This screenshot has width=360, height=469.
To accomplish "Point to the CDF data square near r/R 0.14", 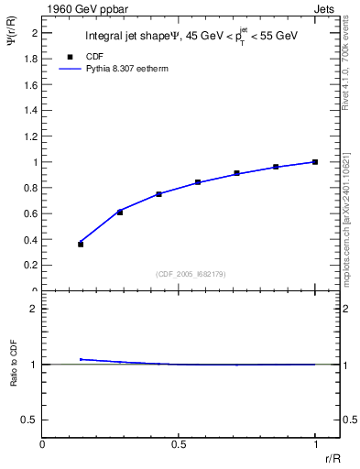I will pos(81,245).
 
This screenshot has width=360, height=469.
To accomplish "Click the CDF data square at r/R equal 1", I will pos(315,162).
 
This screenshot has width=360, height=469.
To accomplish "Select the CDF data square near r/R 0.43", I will pos(159,194).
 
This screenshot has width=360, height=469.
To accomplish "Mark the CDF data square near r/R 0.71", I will pos(237,173).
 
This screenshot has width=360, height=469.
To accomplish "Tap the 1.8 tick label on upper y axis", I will pos(30,59).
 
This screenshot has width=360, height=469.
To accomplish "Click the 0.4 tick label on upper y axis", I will pos(30,240).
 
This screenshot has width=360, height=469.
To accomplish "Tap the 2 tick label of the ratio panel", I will pos(34,309).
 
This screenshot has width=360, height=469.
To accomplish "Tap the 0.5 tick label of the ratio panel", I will pos(30,420).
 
